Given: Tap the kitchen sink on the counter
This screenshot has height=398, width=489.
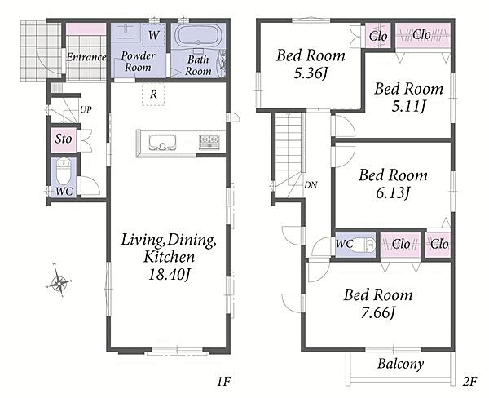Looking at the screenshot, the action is [162, 143].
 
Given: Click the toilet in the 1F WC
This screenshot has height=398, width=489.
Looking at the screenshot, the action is [64, 171].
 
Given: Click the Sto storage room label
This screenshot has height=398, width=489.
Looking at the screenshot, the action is [64, 139].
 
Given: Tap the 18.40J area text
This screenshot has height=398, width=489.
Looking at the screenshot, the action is [170, 275].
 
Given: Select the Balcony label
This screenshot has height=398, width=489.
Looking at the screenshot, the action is [400, 364].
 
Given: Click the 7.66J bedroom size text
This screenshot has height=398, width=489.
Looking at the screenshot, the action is [378, 313].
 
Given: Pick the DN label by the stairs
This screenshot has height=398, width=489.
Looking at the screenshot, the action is [311, 185].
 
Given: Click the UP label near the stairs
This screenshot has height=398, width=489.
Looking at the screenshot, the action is [86, 109].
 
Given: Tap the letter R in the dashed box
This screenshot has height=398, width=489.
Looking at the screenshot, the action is [153, 94].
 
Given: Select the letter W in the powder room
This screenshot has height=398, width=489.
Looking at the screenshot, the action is [153, 35].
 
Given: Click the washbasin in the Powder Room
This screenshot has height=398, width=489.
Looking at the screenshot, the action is [126, 32].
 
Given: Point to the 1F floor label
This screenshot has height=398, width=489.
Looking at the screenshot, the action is [223, 382].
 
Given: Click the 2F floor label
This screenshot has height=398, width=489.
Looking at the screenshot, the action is [469, 382].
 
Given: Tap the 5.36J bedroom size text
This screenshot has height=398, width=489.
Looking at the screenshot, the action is [311, 73].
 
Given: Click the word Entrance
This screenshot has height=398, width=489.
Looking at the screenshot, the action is [86, 57].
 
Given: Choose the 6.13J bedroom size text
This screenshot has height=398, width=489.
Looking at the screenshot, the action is [393, 193].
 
